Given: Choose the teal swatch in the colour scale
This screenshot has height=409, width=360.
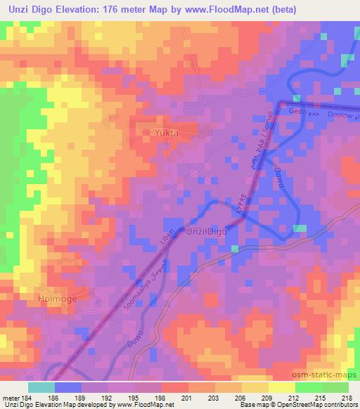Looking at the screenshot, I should click(41, 387).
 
